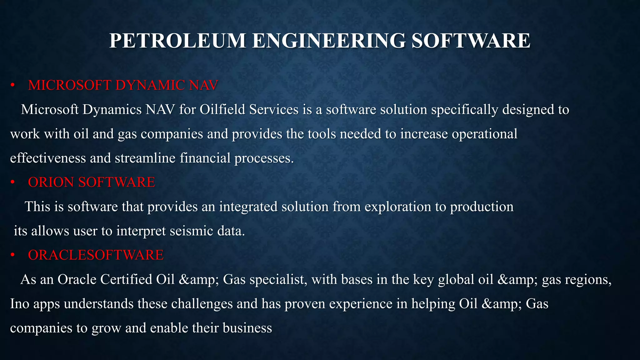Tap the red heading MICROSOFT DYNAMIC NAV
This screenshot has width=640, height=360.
[123, 85]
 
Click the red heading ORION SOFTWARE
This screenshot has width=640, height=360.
[91, 182]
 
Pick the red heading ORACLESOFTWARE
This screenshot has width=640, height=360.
[96, 255]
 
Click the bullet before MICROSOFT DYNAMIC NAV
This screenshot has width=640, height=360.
[12, 85]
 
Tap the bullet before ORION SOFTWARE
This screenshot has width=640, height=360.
[12, 182]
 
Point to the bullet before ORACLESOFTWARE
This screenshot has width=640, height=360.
[12, 255]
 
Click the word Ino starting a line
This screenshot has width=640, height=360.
[19, 304]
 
